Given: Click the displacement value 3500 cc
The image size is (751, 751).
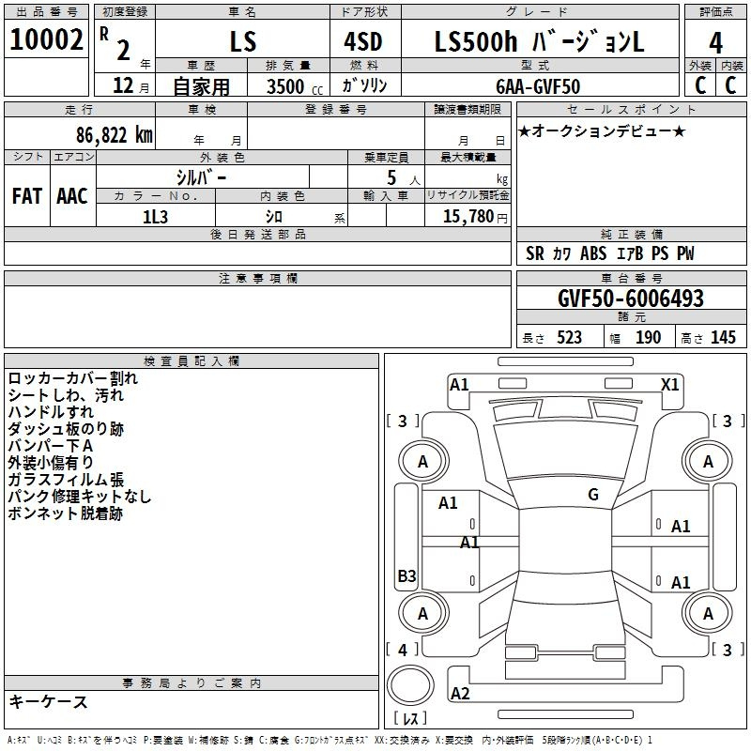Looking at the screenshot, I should tap(295, 86).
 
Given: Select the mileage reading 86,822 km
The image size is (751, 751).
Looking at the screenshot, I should tap(114, 134).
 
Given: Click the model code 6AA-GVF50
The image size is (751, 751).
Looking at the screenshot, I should tap(538, 86).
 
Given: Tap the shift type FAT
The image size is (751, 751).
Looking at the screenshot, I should tap(26, 195).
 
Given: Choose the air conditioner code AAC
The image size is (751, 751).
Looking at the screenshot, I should tap(72, 195).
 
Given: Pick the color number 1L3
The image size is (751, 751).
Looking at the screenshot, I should tap(155, 217).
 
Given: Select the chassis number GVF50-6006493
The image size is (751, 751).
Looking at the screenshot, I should tap(630, 299).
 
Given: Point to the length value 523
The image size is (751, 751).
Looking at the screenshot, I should tap(569, 338).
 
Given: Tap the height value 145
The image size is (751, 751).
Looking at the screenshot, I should tap(723, 338).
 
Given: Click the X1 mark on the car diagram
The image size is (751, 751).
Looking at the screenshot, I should tap(670, 384).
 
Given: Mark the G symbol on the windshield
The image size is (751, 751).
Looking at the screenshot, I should tap(592, 495).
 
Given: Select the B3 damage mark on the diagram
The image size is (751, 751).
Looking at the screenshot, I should tap(406, 575).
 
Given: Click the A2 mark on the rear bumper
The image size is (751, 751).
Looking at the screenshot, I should tap(460, 693).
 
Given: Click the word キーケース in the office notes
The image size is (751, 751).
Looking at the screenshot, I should tap(49, 701).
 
